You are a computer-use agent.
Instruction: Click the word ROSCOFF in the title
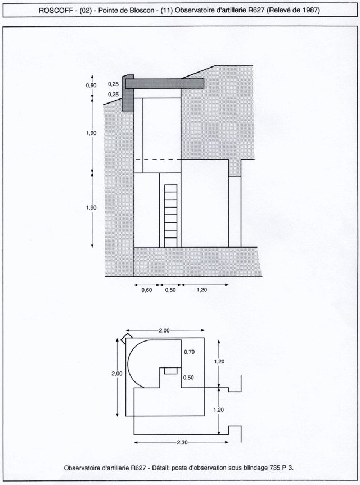(56, 10)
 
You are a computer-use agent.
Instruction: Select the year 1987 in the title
(310, 10)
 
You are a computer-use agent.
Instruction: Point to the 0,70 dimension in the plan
(189, 352)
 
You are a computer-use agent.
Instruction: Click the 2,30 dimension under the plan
(182, 442)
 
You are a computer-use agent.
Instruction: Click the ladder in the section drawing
(171, 215)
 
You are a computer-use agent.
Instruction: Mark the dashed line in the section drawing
(157, 160)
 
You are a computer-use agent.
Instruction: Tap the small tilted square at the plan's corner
(127, 338)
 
